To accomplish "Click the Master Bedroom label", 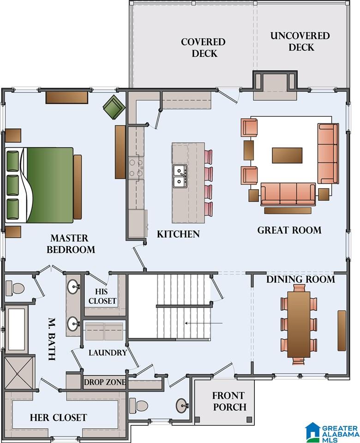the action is [x=71, y=244].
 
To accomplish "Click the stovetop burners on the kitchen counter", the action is [x=136, y=168].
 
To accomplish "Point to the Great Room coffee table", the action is [x=287, y=155].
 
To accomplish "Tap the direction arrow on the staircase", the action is [x=204, y=323].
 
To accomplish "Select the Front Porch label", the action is [x=229, y=401].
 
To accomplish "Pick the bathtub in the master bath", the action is [x=17, y=329].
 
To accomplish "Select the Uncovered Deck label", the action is [x=300, y=41].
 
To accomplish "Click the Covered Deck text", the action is [x=204, y=48].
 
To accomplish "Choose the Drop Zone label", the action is [x=105, y=382].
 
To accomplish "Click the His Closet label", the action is [x=102, y=296].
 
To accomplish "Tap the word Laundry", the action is [x=108, y=353].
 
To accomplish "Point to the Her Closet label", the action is [x=58, y=417].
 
